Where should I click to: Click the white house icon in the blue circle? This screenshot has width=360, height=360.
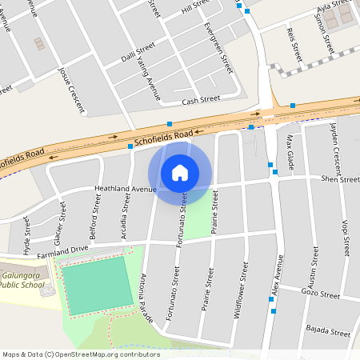coord(180,172)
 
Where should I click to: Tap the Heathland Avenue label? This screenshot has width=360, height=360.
coord(125,190)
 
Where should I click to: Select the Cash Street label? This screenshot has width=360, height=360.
coord(200,100)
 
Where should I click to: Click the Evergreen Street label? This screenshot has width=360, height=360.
coord(218,47)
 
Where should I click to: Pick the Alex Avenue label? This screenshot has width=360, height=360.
coord(276,277)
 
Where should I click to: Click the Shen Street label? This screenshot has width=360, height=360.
coord(340,179)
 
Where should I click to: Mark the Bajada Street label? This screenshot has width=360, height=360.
coord(329,331)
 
